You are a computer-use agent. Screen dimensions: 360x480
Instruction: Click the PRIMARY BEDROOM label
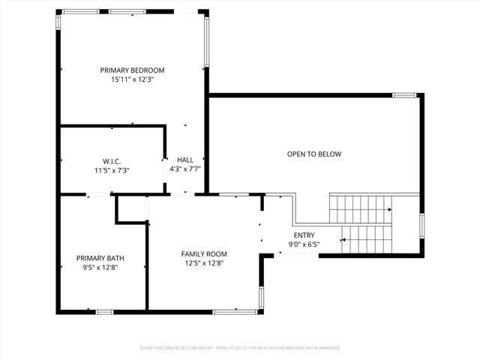(x=132, y=70)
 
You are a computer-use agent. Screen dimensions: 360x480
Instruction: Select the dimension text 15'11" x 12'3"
(x=132, y=79)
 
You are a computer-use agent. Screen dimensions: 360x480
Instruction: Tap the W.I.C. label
(x=112, y=161)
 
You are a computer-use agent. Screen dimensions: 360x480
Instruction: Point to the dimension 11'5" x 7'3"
(x=112, y=170)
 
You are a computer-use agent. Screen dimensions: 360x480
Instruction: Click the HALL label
(x=185, y=160)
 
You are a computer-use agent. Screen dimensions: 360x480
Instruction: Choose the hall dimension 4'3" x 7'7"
(x=185, y=169)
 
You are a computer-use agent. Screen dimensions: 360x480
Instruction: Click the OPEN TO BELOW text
(x=314, y=154)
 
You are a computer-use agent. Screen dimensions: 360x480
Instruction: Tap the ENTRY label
(x=304, y=235)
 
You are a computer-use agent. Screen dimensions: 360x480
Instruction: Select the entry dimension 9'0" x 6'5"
(x=304, y=244)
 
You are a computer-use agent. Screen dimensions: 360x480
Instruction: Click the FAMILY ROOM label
(x=204, y=253)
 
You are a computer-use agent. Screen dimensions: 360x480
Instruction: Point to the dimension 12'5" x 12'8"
(x=204, y=262)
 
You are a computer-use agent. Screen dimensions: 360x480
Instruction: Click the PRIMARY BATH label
(x=100, y=258)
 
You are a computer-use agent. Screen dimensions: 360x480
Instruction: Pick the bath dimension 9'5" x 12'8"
(x=100, y=267)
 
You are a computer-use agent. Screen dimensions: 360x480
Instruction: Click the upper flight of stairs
(x=359, y=205)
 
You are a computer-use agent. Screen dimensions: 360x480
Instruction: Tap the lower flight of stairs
(x=367, y=239)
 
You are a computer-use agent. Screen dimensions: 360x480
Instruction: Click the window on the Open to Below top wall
(x=404, y=95)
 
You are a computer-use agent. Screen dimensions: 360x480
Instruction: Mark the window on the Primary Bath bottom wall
(x=104, y=311)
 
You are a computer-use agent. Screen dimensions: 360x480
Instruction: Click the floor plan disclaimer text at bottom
(x=240, y=348)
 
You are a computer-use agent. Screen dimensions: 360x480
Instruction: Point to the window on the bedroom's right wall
(x=206, y=41)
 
